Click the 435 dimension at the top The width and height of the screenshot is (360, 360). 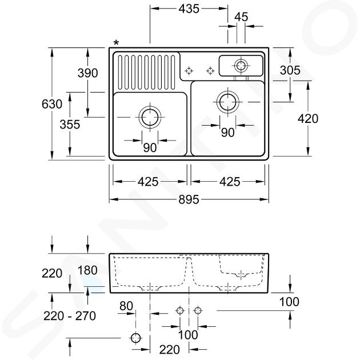tap(189, 9)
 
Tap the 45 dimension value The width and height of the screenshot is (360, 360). tap(241, 17)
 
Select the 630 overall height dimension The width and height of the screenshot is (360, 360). tap(52, 104)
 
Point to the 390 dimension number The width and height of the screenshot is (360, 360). tap(87, 73)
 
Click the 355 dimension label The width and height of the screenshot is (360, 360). tap(70, 125)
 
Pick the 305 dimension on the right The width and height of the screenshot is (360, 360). tap(290, 70)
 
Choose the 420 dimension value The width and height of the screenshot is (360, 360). tap(308, 119)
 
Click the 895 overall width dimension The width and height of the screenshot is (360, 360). tap(189, 200)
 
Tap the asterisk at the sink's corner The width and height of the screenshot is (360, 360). tap(117, 43)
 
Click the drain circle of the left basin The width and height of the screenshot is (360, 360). tap(150, 117)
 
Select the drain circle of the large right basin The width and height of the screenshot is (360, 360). tap(228, 102)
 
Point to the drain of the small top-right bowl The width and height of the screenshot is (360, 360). tap(241, 66)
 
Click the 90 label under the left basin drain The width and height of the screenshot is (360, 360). tap(150, 147)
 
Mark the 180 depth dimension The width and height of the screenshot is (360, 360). tap(87, 270)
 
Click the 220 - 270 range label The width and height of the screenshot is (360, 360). tap(70, 316)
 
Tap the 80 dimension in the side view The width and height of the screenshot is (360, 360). tap(126, 306)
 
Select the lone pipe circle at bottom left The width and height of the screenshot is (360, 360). tap(135, 338)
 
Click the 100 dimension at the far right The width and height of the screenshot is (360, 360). tap(289, 302)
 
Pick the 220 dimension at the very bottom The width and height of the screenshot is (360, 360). tap(170, 350)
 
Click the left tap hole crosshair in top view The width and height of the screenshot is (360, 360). tap(189, 71)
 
